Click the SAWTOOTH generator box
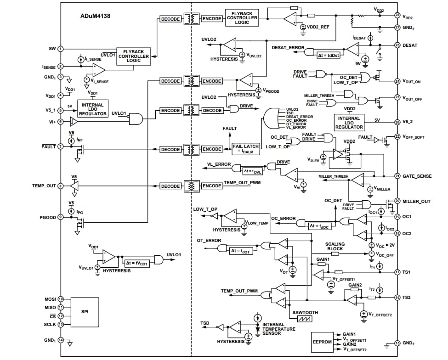coord(305,316)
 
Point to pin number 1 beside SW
coord(60,49)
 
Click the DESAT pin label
coord(411,45)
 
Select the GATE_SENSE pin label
coord(416,176)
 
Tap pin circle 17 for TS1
coord(397,272)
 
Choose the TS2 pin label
coord(406,298)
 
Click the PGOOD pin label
coord(48,217)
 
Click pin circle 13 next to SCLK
coord(60,324)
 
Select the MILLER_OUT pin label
coord(417,201)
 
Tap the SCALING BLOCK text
coord(335,247)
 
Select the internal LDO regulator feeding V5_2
coord(349,122)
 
